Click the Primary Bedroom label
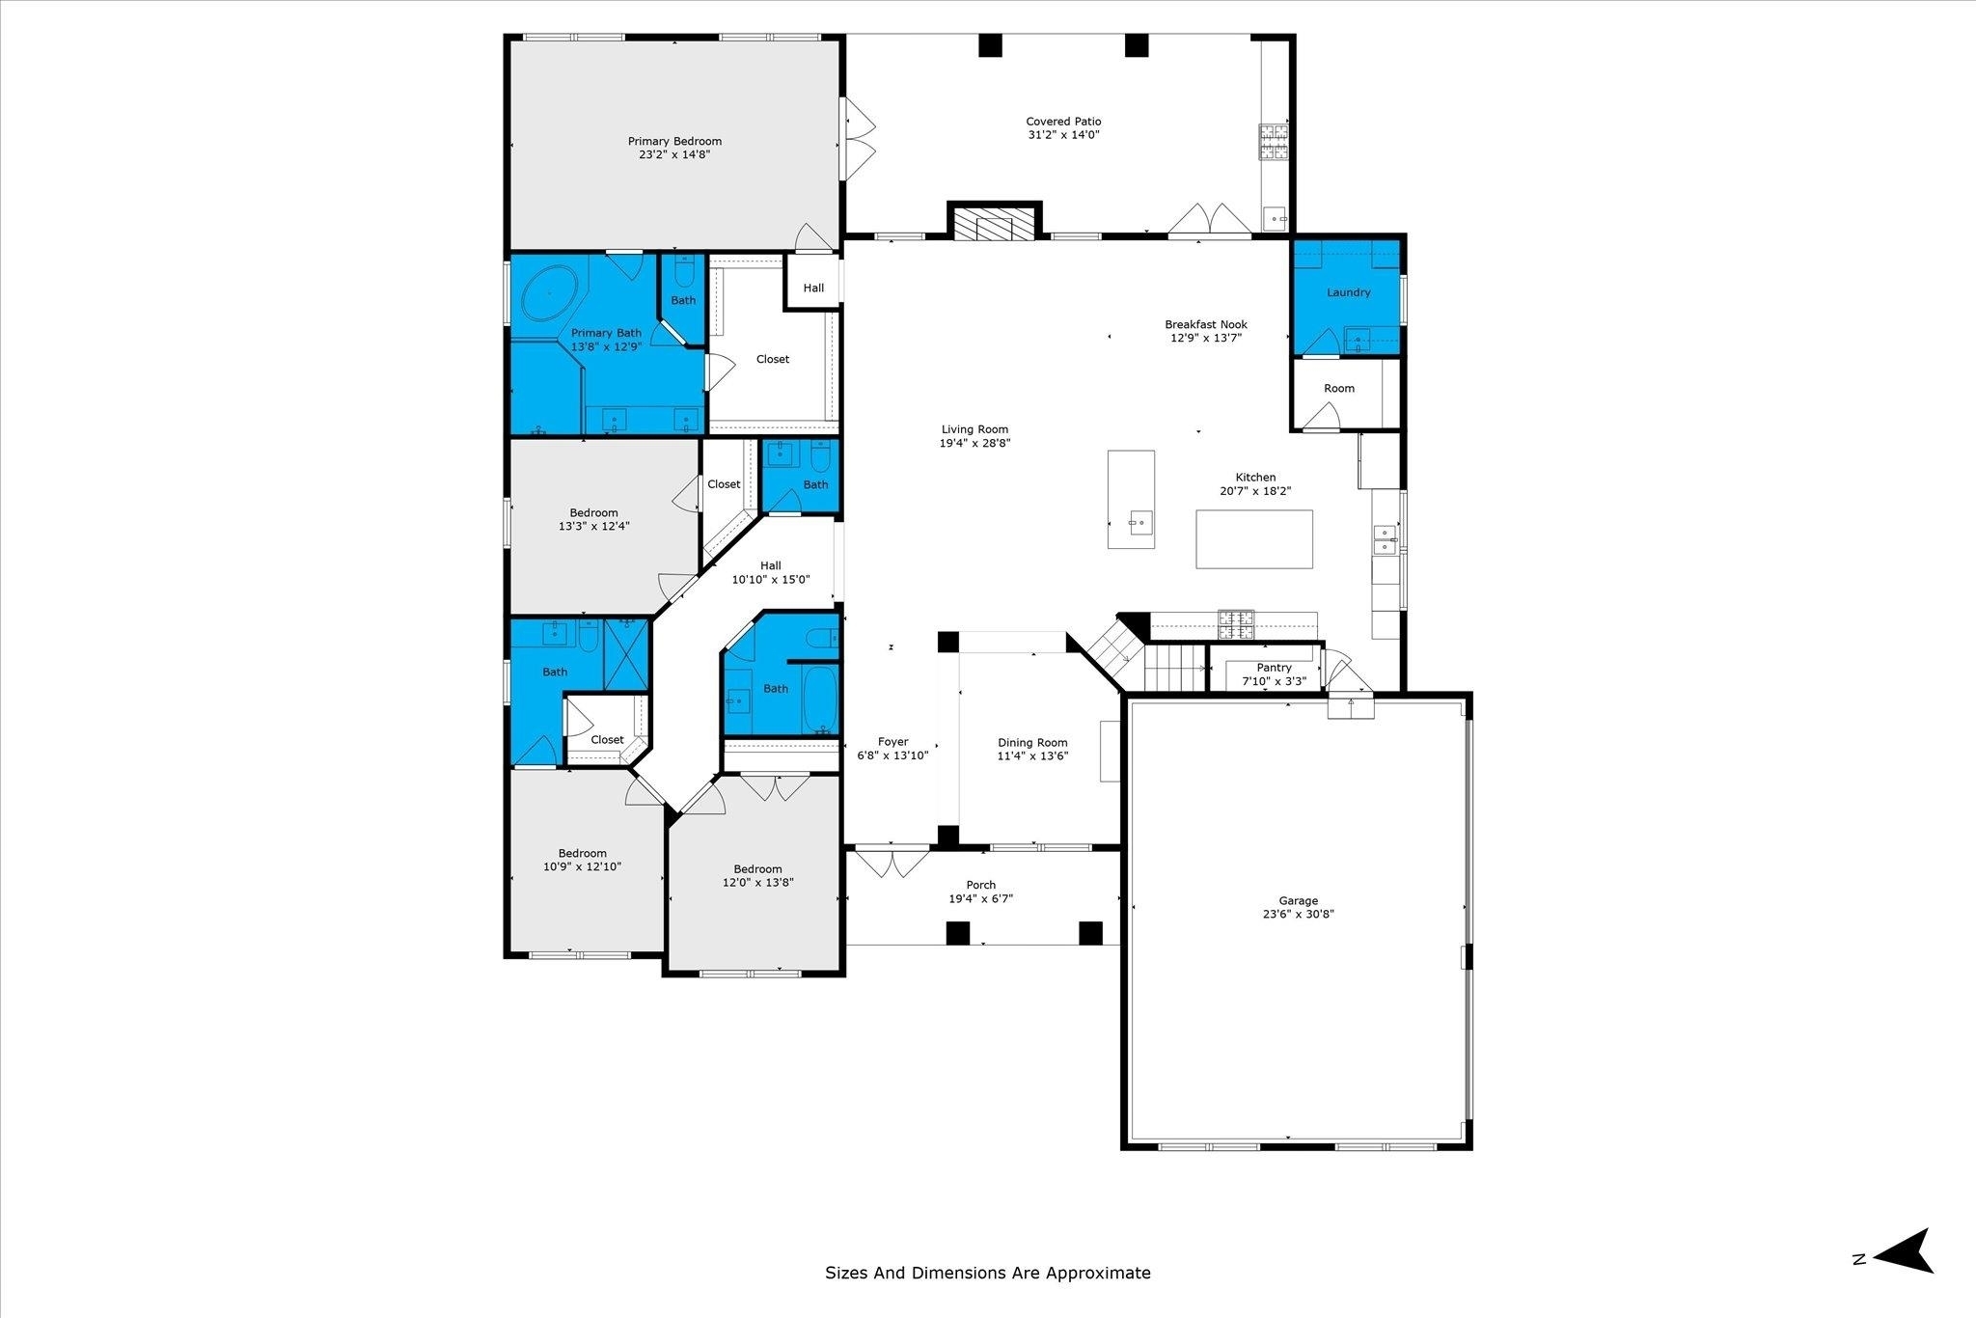click(x=674, y=141)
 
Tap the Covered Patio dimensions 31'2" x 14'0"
click(x=1063, y=135)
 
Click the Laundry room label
click(x=1348, y=292)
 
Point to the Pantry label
click(x=1274, y=668)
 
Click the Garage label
click(x=1299, y=901)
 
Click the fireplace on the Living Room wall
click(x=995, y=221)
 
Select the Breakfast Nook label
click(x=1206, y=324)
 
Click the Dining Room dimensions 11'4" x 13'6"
click(x=1032, y=756)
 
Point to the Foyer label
click(x=892, y=742)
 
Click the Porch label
click(x=980, y=885)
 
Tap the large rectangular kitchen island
click(x=1254, y=538)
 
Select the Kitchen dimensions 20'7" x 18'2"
click(x=1255, y=490)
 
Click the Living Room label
click(x=974, y=429)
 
